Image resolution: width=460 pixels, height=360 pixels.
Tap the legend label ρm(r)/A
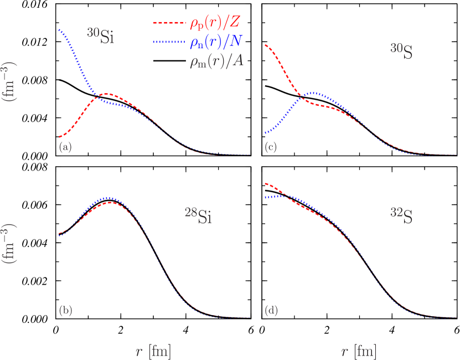216,62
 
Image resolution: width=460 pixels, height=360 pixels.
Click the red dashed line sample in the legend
168,24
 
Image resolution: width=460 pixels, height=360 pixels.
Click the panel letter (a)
65,147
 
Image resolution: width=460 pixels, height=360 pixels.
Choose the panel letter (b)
65,311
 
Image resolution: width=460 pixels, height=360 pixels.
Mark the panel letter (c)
271,147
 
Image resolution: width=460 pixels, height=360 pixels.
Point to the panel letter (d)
271,311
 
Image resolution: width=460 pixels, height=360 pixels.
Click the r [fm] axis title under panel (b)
153,351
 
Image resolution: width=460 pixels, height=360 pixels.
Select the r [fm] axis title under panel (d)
359,351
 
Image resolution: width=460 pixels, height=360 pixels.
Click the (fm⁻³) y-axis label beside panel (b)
10,244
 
